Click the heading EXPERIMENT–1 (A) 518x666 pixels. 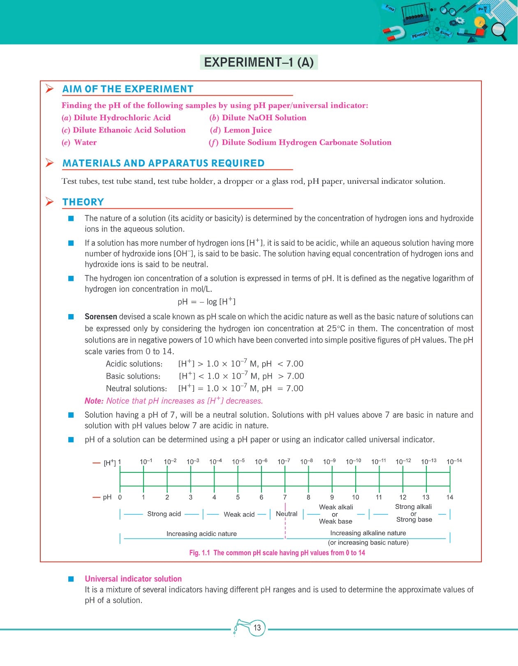pyautogui.click(x=259, y=62)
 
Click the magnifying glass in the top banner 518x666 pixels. pyautogui.click(x=499, y=30)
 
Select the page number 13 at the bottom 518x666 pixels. pyautogui.click(x=257, y=628)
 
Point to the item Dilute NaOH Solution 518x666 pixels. pyautogui.click(x=264, y=118)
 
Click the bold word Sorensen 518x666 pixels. pyautogui.click(x=101, y=317)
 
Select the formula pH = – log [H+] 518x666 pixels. pyautogui.click(x=206, y=301)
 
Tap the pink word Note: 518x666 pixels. pyautogui.click(x=94, y=401)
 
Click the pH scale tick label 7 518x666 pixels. pyautogui.click(x=285, y=497)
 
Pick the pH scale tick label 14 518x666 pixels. pyautogui.click(x=450, y=497)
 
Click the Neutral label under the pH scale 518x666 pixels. pyautogui.click(x=287, y=514)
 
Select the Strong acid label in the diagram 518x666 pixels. pyautogui.click(x=164, y=514)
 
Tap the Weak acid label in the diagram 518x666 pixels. pyautogui.click(x=239, y=514)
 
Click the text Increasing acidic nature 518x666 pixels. pyautogui.click(x=201, y=534)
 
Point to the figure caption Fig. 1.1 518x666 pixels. pyautogui.click(x=200, y=553)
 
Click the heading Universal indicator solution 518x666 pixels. pyautogui.click(x=133, y=579)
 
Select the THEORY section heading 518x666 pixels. pyautogui.click(x=83, y=202)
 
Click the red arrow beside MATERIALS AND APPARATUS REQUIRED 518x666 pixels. pyautogui.click(x=50, y=163)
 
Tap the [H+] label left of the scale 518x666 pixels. pyautogui.click(x=109, y=463)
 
